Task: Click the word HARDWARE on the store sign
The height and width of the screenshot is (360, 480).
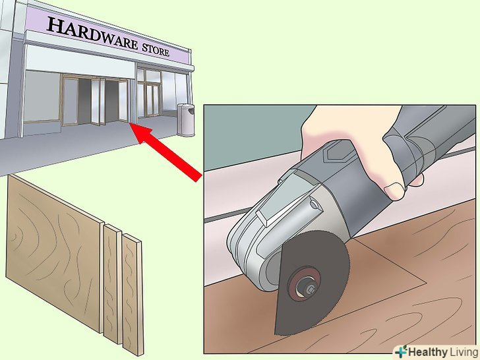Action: [92, 34]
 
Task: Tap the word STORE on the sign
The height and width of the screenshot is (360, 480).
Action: [156, 49]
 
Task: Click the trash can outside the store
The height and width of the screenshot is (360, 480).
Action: [186, 120]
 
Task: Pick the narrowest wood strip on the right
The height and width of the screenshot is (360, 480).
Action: [133, 294]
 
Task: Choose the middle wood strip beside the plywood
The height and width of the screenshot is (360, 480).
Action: [113, 283]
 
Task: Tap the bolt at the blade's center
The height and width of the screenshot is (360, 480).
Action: [310, 287]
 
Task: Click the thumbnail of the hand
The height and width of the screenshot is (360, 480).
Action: [394, 191]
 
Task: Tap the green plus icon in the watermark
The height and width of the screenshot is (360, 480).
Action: [401, 351]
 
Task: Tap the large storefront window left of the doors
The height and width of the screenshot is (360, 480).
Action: [42, 96]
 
